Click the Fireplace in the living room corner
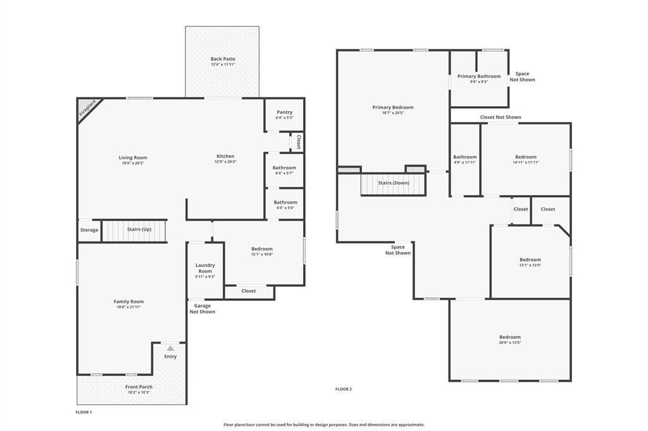[x=87, y=108]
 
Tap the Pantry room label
[x=284, y=112]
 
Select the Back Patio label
[x=223, y=59]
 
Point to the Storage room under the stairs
[x=89, y=230]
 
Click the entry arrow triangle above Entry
[x=170, y=348]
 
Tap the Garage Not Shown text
[x=202, y=308]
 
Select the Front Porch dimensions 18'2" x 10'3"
[x=139, y=392]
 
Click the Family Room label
[x=128, y=301]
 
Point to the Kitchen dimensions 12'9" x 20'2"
[x=226, y=162]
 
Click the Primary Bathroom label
[x=479, y=76]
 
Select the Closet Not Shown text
[x=501, y=117]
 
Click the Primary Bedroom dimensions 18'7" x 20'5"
[x=393, y=113]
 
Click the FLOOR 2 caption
[x=344, y=389]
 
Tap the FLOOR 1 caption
[x=84, y=412]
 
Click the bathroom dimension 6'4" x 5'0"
[x=285, y=207]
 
